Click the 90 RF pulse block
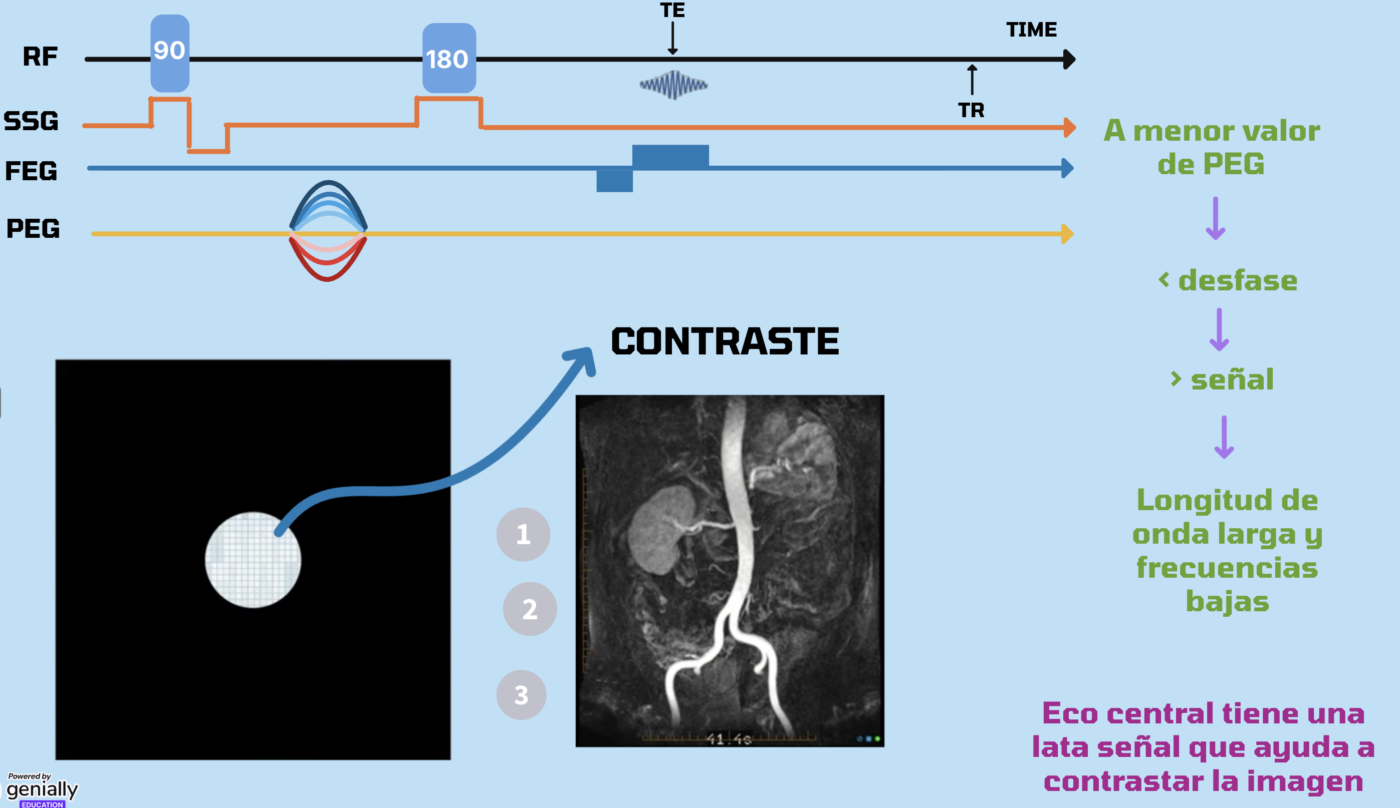click(169, 53)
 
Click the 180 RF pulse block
click(448, 58)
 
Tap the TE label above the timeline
click(672, 10)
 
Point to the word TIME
click(1031, 30)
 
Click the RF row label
click(40, 57)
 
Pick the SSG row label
click(31, 121)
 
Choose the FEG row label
click(31, 171)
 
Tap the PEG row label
click(33, 229)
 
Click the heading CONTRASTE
click(725, 341)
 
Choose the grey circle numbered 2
click(530, 609)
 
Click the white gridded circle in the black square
click(253, 559)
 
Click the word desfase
click(1237, 280)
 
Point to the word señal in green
click(1232, 379)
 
